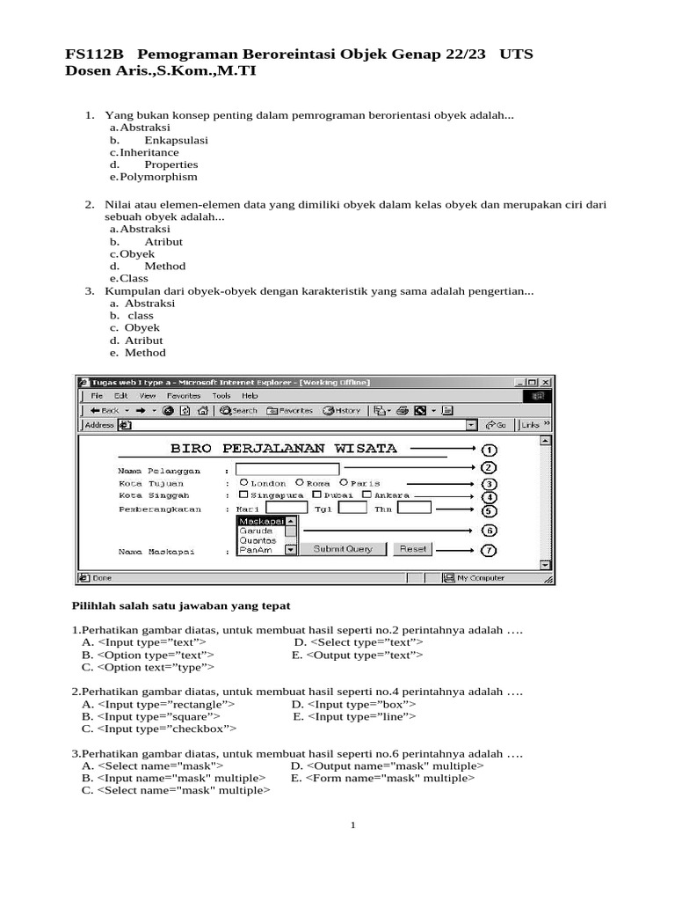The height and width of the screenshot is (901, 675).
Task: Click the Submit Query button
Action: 343,549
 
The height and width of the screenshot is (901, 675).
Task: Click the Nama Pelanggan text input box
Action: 287,470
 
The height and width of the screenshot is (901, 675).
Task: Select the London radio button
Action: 243,483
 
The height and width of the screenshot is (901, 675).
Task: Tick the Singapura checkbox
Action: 243,495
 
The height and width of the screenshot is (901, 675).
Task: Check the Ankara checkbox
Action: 367,495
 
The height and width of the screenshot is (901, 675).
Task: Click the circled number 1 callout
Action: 489,450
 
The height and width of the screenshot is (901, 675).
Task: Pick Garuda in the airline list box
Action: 257,531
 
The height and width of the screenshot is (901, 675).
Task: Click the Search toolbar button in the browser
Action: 239,410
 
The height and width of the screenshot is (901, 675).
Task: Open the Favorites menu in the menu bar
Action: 184,396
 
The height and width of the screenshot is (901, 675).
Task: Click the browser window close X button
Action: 546,382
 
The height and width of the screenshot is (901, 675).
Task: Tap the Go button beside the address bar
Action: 497,425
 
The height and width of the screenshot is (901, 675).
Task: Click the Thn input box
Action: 414,508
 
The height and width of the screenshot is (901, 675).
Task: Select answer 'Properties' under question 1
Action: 171,165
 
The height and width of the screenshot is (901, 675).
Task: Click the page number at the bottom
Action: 352,825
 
